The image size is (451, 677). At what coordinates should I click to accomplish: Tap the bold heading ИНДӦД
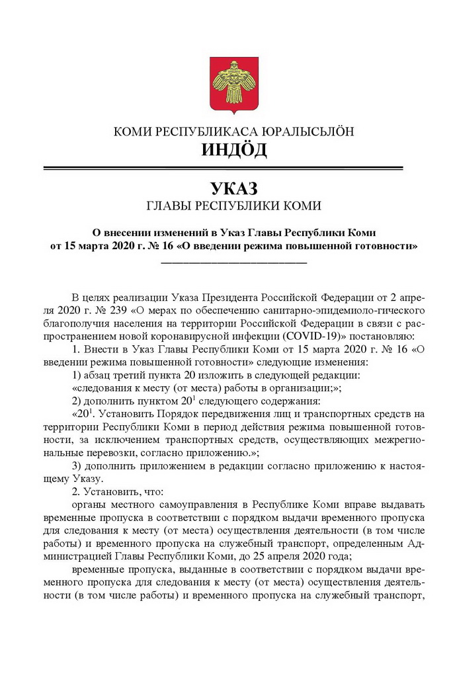(234, 149)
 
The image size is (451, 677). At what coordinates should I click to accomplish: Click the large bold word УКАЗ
(234, 188)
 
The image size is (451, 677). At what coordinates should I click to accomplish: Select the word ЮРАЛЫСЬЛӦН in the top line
(305, 131)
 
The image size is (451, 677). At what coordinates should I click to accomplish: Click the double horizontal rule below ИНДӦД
(234, 168)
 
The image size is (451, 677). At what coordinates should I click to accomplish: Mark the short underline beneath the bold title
(234, 262)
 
